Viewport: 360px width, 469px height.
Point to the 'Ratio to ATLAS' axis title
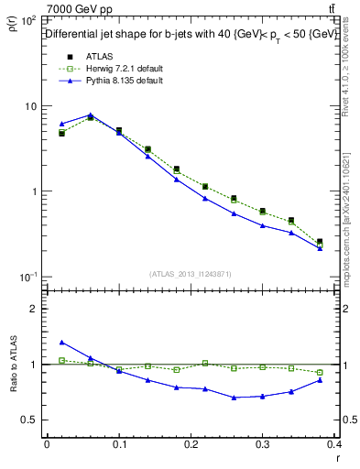pos(14,365)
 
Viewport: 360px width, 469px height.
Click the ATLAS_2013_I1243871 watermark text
pos(191,274)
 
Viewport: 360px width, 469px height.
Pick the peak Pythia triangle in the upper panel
pos(90,115)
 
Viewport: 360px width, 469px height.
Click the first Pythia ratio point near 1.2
pos(61,343)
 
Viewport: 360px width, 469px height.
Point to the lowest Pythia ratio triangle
pos(235,398)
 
